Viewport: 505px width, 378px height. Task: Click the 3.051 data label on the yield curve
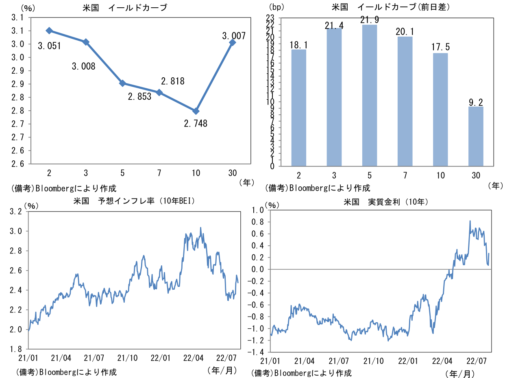tap(50, 46)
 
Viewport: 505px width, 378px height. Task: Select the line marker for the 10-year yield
tap(196, 111)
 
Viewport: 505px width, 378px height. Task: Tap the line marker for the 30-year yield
tap(233, 42)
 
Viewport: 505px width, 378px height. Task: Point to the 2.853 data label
tap(139, 96)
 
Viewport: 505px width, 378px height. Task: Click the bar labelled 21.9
tap(370, 95)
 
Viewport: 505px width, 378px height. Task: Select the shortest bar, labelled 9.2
tap(476, 136)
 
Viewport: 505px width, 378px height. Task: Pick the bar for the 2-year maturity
tap(299, 108)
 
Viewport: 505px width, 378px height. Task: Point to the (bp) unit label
tap(277, 7)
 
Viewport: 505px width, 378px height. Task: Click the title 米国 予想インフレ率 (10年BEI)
tap(134, 201)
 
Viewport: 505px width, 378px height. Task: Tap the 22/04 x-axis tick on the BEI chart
tap(194, 358)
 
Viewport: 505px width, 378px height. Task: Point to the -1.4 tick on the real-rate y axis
tap(257, 352)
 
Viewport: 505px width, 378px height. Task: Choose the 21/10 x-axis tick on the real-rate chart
tap(373, 361)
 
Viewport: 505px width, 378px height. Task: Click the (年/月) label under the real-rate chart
tap(459, 373)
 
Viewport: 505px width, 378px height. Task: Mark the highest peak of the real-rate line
tap(470, 221)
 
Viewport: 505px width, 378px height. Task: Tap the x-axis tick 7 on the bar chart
tap(405, 175)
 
